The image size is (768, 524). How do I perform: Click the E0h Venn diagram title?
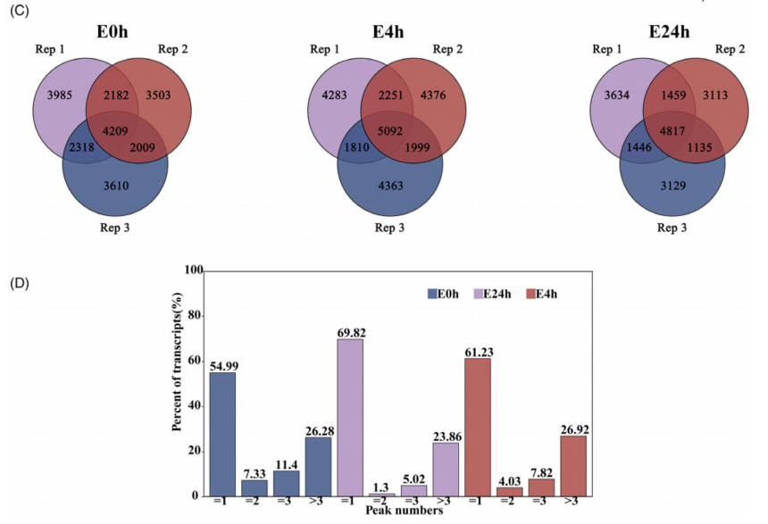click(x=113, y=34)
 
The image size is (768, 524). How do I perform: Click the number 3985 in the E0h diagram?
click(x=52, y=96)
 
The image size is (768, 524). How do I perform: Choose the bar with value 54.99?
click(x=223, y=434)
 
